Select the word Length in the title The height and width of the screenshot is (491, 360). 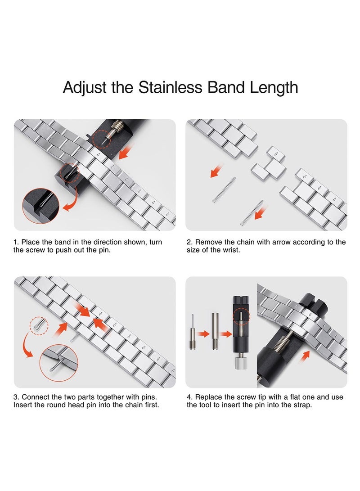point(274,87)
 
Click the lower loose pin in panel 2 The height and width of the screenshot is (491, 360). point(252,213)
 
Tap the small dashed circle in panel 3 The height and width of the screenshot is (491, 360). point(38,324)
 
